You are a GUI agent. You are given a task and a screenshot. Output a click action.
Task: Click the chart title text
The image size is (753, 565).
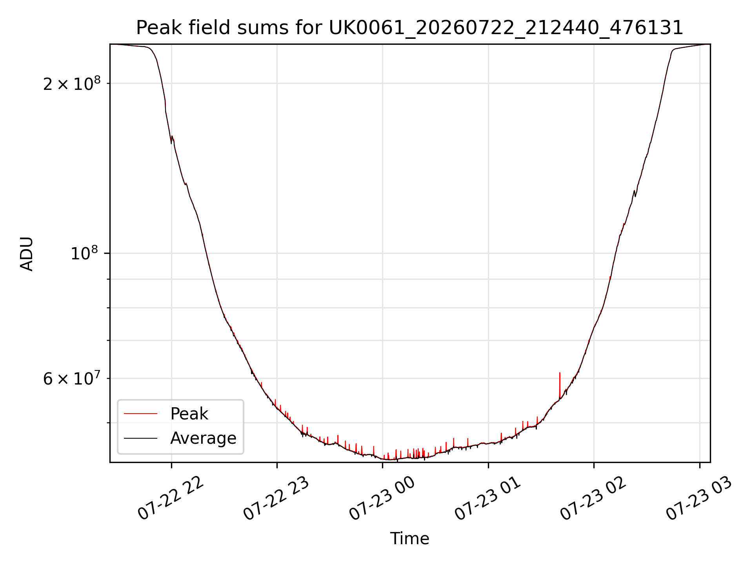[409, 28]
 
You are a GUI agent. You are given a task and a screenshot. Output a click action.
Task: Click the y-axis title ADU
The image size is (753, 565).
[27, 253]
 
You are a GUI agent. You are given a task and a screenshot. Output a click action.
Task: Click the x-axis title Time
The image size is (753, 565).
[409, 539]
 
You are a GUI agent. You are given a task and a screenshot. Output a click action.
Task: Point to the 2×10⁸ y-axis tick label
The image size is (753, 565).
[72, 83]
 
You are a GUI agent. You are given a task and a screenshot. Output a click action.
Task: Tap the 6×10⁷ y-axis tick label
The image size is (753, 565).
[72, 378]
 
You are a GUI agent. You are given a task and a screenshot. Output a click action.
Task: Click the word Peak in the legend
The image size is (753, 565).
[189, 414]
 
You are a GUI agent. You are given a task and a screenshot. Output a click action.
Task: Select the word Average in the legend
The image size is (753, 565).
[203, 438]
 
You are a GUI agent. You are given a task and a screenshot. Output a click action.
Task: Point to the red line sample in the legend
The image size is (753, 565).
[140, 414]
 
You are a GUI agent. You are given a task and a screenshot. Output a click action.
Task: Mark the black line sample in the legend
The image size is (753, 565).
[140, 438]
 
